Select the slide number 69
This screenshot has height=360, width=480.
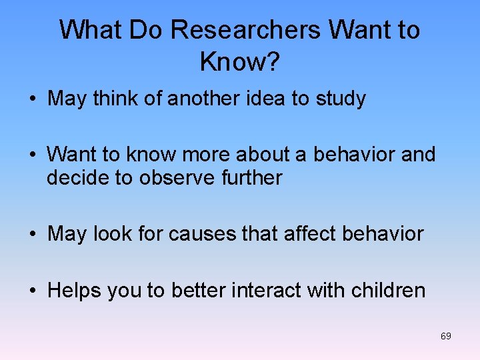point(445,336)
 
